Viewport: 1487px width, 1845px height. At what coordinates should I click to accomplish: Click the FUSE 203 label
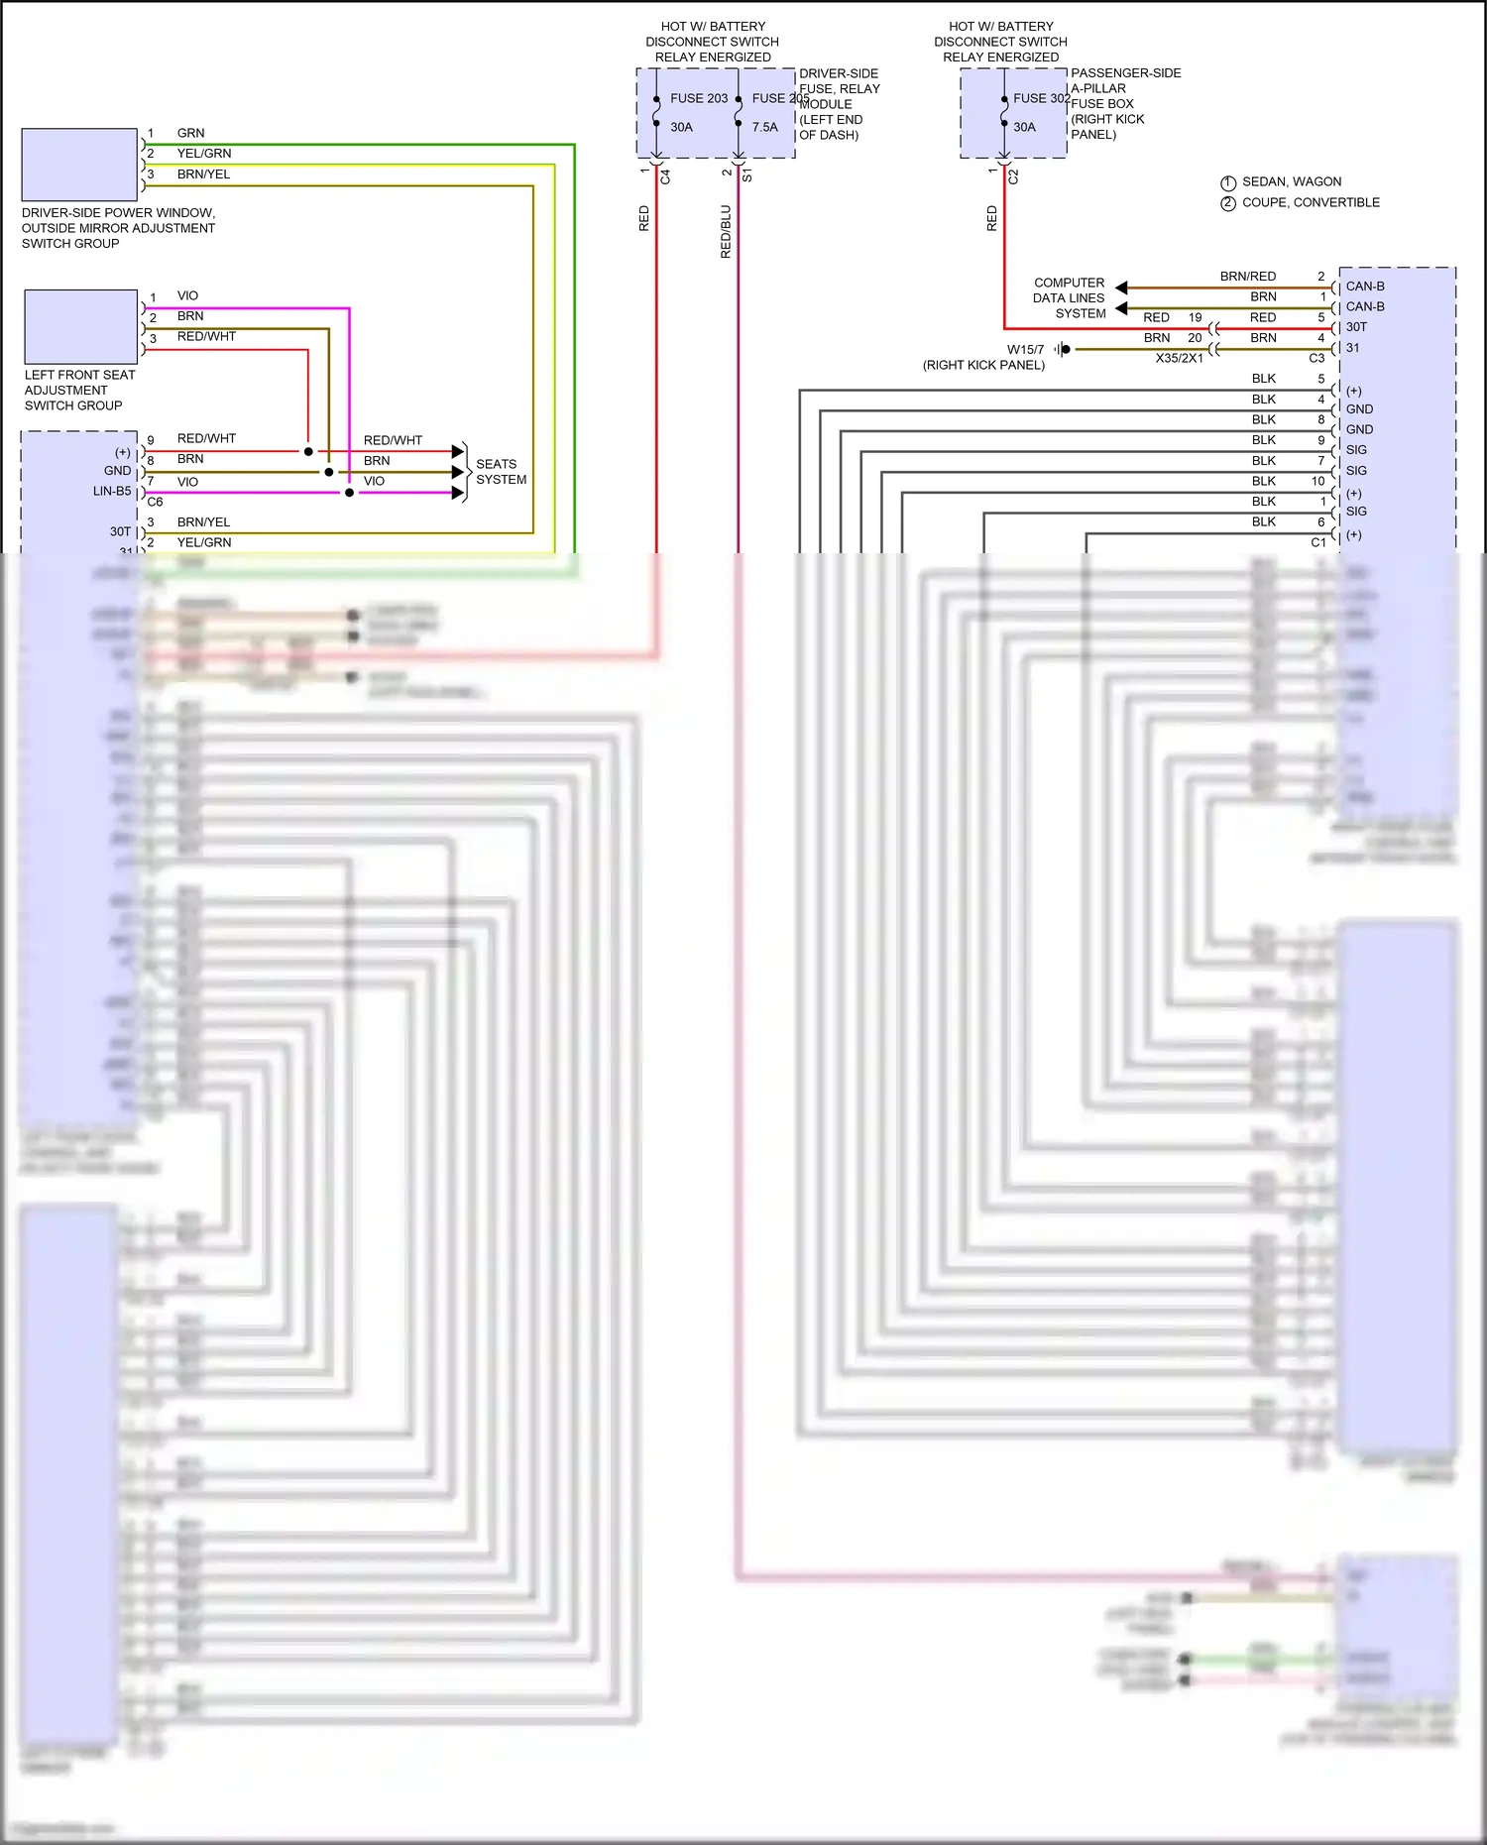tap(698, 98)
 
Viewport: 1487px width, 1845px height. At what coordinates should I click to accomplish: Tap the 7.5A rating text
tap(764, 127)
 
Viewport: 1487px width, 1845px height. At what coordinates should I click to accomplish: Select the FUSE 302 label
tap(1041, 98)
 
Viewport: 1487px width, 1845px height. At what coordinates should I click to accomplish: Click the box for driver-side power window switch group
tap(79, 165)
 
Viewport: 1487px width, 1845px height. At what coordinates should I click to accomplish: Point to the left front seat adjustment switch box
tap(80, 326)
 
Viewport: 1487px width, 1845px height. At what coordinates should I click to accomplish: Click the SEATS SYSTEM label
tap(501, 472)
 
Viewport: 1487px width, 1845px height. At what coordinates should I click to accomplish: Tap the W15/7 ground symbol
tap(1063, 349)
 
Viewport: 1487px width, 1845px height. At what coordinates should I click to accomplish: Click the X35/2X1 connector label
tap(1179, 358)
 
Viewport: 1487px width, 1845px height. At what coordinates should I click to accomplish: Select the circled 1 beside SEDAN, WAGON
tap(1227, 182)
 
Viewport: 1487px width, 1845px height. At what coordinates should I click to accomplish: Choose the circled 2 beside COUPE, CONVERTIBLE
tap(1227, 203)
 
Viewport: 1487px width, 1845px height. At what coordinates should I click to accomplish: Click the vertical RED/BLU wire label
tap(726, 232)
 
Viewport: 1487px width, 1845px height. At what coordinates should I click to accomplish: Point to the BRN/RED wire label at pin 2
tap(1247, 277)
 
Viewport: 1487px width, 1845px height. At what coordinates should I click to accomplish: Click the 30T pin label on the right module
tap(1356, 327)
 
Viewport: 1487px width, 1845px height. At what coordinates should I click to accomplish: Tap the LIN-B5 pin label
tap(112, 491)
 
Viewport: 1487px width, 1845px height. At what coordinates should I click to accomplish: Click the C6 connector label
tap(155, 502)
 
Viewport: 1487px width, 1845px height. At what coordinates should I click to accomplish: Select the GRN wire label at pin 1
tap(190, 133)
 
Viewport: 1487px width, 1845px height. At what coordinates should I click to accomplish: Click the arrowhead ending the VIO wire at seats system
tap(458, 493)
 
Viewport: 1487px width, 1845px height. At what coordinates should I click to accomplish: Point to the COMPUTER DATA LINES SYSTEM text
tap(1069, 297)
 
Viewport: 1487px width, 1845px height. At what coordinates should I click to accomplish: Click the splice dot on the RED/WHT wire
tap(308, 452)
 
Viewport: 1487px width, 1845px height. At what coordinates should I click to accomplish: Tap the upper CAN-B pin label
tap(1364, 287)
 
